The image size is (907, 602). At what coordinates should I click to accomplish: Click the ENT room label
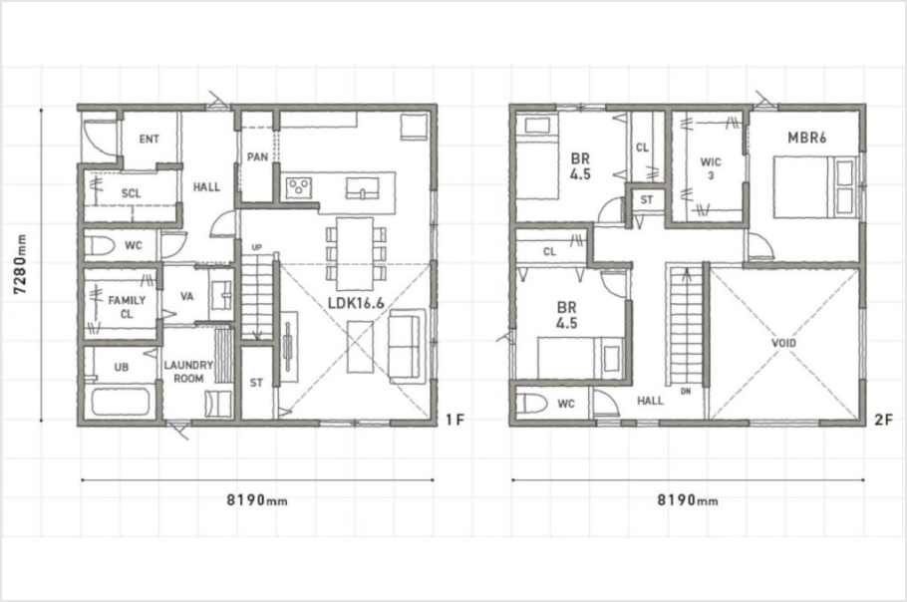pyautogui.click(x=150, y=139)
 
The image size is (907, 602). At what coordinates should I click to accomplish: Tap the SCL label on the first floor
pyautogui.click(x=132, y=193)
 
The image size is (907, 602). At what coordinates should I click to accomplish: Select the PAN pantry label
pyautogui.click(x=257, y=156)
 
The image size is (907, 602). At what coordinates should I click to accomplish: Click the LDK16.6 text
pyautogui.click(x=356, y=302)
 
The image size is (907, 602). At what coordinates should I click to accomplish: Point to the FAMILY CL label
pyautogui.click(x=127, y=307)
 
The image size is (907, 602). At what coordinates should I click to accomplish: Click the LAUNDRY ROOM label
pyautogui.click(x=188, y=371)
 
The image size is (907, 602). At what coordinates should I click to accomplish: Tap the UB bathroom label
pyautogui.click(x=122, y=367)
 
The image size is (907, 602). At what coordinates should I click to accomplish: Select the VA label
pyautogui.click(x=186, y=297)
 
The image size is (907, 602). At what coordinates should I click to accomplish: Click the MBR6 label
pyautogui.click(x=807, y=138)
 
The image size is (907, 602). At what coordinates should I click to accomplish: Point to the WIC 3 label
pyautogui.click(x=711, y=167)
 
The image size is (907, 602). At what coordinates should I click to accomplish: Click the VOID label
pyautogui.click(x=783, y=343)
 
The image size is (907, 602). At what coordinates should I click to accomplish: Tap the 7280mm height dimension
pyautogui.click(x=20, y=264)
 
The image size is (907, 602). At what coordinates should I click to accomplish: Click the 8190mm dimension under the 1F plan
pyautogui.click(x=257, y=499)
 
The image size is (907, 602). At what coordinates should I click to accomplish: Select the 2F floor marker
pyautogui.click(x=883, y=420)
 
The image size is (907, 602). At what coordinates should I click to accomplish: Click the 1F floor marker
pyautogui.click(x=455, y=420)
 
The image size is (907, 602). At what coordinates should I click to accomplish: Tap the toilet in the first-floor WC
pyautogui.click(x=100, y=246)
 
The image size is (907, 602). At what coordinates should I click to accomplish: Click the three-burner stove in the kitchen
pyautogui.click(x=298, y=186)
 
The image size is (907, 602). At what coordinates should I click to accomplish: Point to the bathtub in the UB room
pyautogui.click(x=121, y=402)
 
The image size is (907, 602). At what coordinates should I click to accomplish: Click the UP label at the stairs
pyautogui.click(x=257, y=247)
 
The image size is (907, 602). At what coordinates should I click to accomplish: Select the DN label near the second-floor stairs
pyautogui.click(x=686, y=392)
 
